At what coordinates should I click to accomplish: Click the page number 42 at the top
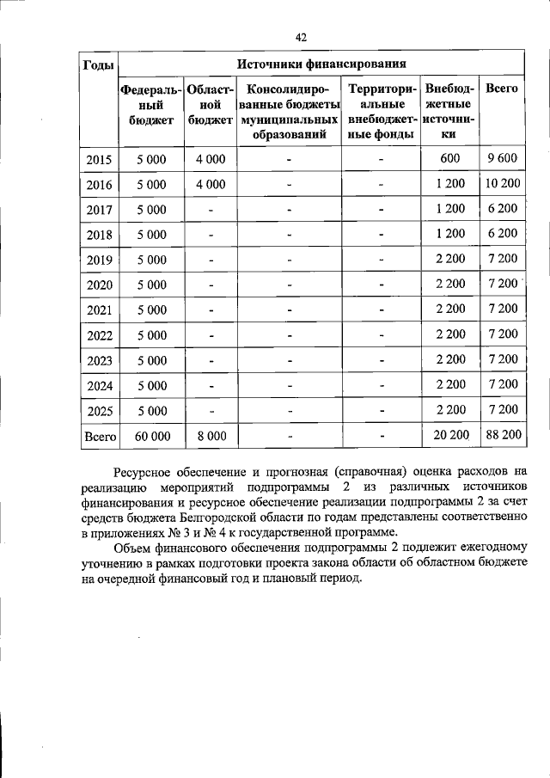(x=301, y=36)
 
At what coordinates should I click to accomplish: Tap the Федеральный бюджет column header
(x=151, y=104)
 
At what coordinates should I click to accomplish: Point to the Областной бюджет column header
(x=211, y=104)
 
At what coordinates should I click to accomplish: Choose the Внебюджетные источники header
(x=449, y=112)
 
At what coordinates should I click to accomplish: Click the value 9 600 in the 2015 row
(x=501, y=159)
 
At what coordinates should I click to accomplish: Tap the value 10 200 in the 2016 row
(x=502, y=184)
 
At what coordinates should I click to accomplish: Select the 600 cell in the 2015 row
(x=449, y=159)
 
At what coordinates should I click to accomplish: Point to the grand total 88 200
(x=503, y=436)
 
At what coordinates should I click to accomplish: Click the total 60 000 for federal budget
(x=152, y=436)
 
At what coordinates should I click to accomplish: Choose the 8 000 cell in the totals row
(x=211, y=436)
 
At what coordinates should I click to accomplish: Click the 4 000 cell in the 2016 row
(x=210, y=184)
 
